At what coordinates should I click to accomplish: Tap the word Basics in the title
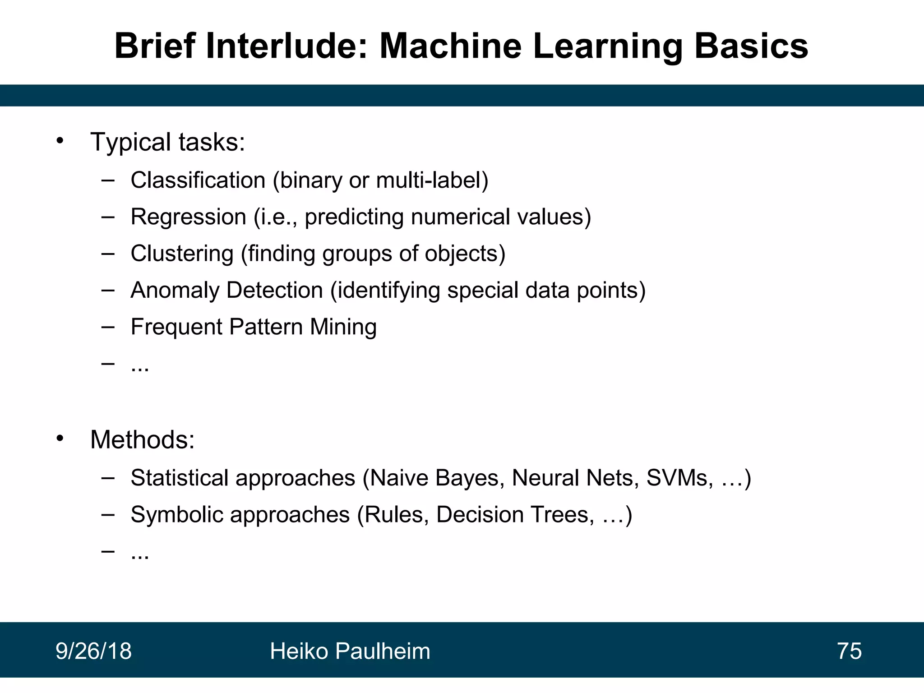(751, 46)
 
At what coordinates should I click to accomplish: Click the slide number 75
(849, 651)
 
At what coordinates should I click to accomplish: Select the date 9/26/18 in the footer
(93, 651)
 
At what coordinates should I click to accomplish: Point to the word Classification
(198, 180)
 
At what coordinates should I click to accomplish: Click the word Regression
(188, 217)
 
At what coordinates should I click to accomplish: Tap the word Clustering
(182, 254)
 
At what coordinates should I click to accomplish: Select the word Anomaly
(175, 290)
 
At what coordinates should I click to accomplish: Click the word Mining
(343, 327)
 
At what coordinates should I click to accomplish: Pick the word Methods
(142, 439)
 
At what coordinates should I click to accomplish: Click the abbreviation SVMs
(679, 478)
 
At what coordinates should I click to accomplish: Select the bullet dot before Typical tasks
(60, 141)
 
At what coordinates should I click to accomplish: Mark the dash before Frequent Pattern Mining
(108, 327)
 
